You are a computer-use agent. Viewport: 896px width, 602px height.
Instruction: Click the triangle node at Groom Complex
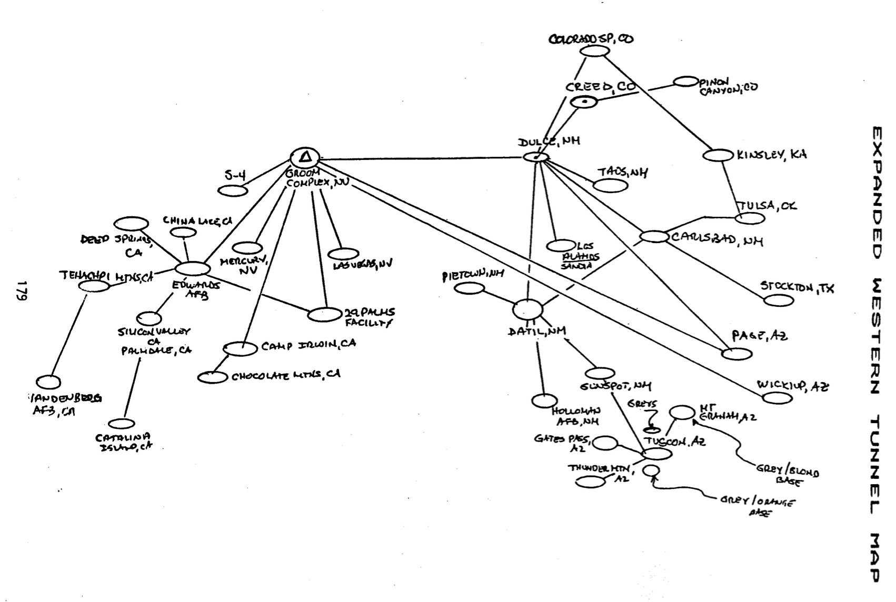[305, 157]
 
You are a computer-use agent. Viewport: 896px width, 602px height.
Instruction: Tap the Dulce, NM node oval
[536, 157]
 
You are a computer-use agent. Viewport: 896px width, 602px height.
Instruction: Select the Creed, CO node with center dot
[585, 102]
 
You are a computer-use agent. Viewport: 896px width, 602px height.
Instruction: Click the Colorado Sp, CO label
[591, 39]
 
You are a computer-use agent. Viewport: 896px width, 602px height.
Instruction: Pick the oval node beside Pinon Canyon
[686, 82]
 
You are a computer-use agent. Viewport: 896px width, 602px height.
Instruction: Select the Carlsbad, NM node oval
[654, 236]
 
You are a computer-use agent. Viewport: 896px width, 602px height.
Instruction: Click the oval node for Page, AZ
[736, 354]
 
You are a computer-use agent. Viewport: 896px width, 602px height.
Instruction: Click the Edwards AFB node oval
[193, 268]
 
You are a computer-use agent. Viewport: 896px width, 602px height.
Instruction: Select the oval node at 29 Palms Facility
[325, 315]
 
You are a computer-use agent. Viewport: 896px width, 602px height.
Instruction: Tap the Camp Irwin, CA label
[308, 345]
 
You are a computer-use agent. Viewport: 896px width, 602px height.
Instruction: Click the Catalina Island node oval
[122, 424]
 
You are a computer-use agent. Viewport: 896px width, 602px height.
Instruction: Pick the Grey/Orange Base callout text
[757, 505]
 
